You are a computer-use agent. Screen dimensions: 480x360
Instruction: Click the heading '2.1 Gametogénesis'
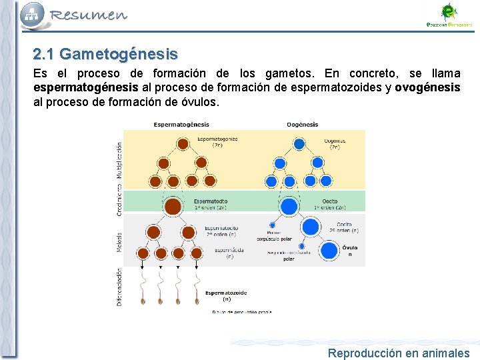[105, 54]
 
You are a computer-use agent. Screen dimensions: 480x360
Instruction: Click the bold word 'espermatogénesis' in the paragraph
[86, 88]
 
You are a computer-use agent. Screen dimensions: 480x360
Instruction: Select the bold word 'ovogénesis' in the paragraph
[427, 88]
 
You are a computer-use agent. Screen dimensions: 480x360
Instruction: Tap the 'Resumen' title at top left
[88, 15]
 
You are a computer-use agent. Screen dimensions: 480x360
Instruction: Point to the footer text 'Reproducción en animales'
[398, 353]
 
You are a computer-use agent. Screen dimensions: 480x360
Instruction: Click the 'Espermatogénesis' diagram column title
[181, 125]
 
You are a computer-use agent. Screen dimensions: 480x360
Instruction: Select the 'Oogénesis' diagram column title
[302, 125]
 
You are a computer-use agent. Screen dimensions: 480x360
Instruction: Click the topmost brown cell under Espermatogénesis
[182, 143]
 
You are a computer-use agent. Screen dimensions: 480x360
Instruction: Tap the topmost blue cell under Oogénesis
[299, 143]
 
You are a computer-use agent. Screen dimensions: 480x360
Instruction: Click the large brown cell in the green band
[173, 206]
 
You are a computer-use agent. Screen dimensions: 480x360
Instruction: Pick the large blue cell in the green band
[289, 206]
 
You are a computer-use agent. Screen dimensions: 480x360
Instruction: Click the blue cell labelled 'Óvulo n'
[329, 251]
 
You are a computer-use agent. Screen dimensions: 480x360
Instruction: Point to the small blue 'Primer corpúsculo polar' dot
[272, 225]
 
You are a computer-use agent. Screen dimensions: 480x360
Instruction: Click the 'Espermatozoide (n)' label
[226, 295]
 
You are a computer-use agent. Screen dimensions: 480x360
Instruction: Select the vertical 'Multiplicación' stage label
[119, 160]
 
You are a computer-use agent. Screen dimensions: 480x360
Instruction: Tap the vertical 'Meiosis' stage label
[119, 241]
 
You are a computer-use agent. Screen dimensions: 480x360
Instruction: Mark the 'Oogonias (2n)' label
[335, 144]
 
